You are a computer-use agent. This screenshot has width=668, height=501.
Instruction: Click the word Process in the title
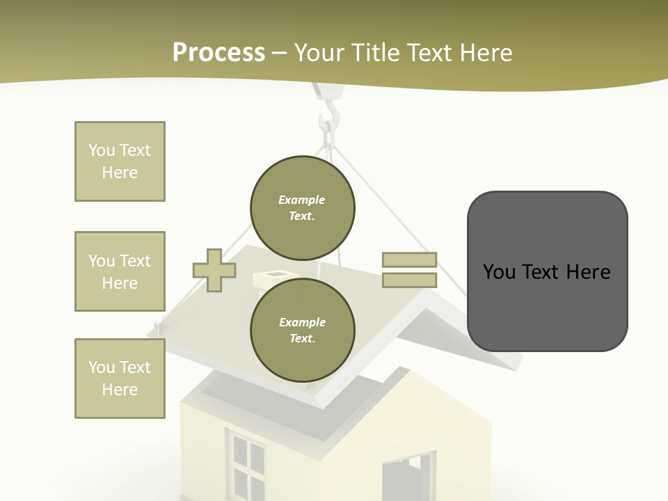[218, 53]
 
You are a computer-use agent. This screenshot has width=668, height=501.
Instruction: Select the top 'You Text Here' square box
[120, 161]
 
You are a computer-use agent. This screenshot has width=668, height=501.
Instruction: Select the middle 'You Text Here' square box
[120, 271]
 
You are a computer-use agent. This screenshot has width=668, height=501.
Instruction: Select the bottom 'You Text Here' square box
[120, 379]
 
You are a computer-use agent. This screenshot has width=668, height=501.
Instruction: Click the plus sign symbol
[214, 271]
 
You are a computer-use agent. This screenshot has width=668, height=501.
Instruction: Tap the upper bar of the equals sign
[409, 260]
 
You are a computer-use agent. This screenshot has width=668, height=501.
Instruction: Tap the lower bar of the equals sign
[409, 280]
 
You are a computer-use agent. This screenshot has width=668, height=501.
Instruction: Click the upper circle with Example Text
[303, 208]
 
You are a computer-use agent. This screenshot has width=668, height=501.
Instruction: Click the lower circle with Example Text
[303, 330]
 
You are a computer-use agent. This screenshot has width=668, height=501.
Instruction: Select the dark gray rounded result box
[547, 271]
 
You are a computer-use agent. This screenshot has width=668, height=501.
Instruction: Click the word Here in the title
[486, 53]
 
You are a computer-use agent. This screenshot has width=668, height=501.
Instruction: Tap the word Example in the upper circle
[301, 200]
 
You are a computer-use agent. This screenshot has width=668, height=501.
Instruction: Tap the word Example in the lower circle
[302, 322]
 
